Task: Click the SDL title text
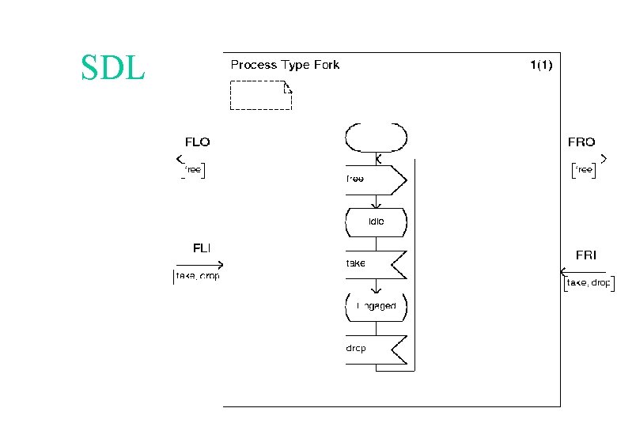tap(113, 68)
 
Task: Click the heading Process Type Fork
tap(285, 65)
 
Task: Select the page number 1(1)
tap(541, 65)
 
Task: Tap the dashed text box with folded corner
tap(260, 94)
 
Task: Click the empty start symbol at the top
tap(377, 138)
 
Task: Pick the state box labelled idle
tap(377, 222)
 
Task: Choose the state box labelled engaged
tap(377, 306)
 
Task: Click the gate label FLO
tap(197, 142)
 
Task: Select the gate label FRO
tap(581, 142)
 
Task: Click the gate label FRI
tap(586, 255)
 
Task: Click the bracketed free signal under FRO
tap(584, 170)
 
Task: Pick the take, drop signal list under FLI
tap(197, 276)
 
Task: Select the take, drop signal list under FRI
tap(588, 283)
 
